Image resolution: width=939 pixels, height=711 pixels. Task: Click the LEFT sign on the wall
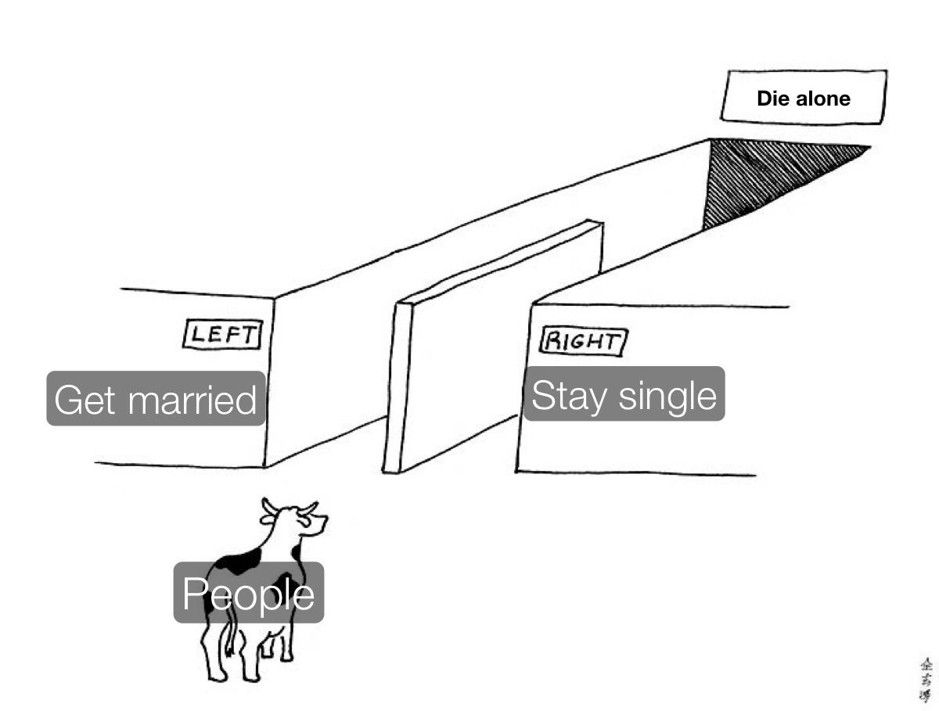pyautogui.click(x=222, y=335)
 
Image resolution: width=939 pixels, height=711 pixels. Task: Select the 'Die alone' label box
pyautogui.click(x=804, y=98)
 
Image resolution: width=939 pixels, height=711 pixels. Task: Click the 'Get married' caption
pyautogui.click(x=156, y=399)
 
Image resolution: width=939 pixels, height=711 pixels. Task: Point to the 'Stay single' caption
pyautogui.click(x=624, y=394)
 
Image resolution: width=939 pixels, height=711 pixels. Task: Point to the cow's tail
pyautogui.click(x=230, y=637)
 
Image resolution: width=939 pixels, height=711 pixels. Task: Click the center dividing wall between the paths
pyautogui.click(x=485, y=352)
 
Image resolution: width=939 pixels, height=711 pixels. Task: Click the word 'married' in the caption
pyautogui.click(x=192, y=400)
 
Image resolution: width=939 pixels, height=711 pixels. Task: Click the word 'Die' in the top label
pyautogui.click(x=772, y=99)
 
